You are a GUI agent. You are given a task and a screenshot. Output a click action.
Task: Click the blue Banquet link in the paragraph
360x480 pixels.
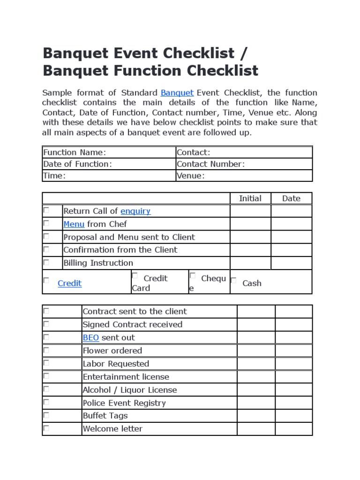tap(177, 92)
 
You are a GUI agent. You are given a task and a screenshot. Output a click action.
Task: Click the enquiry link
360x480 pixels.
tap(135, 211)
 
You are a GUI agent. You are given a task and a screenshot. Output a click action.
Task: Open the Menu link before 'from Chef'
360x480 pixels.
tap(74, 224)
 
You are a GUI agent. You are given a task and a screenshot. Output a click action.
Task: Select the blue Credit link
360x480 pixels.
tap(69, 283)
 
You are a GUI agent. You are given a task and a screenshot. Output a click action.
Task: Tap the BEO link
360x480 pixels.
tap(90, 337)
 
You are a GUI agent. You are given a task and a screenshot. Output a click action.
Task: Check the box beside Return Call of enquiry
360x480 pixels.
tap(46, 210)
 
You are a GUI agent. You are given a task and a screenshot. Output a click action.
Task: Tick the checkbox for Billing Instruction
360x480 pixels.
tap(46, 262)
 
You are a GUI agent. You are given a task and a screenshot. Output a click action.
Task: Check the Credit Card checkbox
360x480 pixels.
tap(135, 276)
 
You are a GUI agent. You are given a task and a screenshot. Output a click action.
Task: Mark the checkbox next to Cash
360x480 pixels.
tap(233, 280)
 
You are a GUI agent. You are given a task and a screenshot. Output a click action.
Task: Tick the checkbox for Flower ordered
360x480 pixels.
tap(46, 350)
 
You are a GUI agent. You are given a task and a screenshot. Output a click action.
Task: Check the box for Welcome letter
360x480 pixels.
tap(46, 428)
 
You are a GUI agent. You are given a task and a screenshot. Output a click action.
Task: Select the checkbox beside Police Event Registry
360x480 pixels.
tap(46, 402)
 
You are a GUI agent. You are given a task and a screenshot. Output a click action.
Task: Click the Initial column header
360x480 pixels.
tap(250, 198)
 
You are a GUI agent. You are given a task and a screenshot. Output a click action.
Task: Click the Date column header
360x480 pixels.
tap(291, 198)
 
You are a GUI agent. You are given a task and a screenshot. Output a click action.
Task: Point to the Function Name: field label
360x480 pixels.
tap(75, 152)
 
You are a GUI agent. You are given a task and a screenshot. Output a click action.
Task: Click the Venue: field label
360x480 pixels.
tap(191, 176)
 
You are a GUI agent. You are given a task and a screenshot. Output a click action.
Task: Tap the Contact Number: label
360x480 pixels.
tap(210, 164)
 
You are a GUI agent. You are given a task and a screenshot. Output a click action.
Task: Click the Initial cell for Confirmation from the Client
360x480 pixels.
tap(250, 250)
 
